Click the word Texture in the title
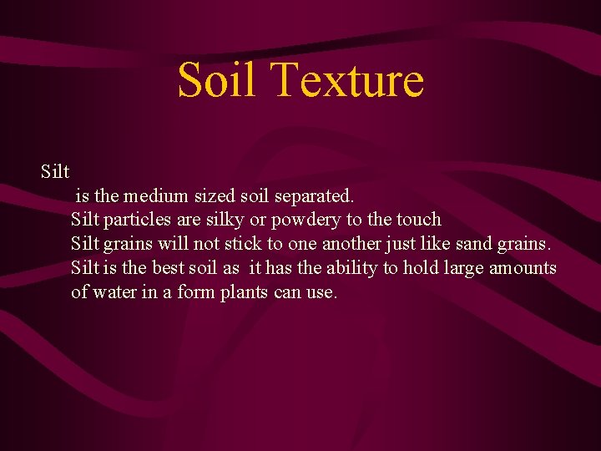[x=348, y=80]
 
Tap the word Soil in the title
[x=219, y=80]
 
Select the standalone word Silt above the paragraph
[x=55, y=172]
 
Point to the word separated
[x=313, y=196]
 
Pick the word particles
[x=136, y=220]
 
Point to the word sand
[x=476, y=244]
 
